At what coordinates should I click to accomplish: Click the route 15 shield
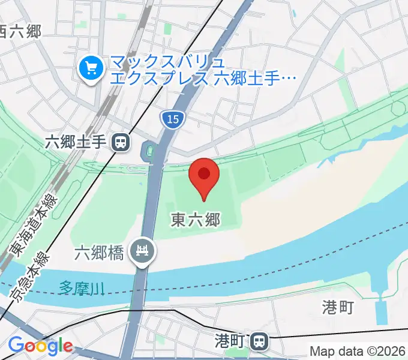[x=172, y=119]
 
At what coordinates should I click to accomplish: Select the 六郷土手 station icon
[x=121, y=142]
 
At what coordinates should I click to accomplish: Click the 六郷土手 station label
[x=76, y=142]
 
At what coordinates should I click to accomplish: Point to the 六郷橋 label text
[x=99, y=253]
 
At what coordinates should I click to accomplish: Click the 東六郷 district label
[x=195, y=220]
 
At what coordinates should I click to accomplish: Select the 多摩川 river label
[x=82, y=288]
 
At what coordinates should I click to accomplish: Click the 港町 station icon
[x=259, y=341]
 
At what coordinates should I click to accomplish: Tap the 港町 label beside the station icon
[x=229, y=341]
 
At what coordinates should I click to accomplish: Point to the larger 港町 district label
[x=338, y=308]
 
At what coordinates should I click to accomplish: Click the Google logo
[x=40, y=346]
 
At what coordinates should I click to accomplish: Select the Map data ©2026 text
[x=358, y=350]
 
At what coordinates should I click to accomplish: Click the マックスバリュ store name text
[x=167, y=62]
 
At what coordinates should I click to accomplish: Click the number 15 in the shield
[x=172, y=119]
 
